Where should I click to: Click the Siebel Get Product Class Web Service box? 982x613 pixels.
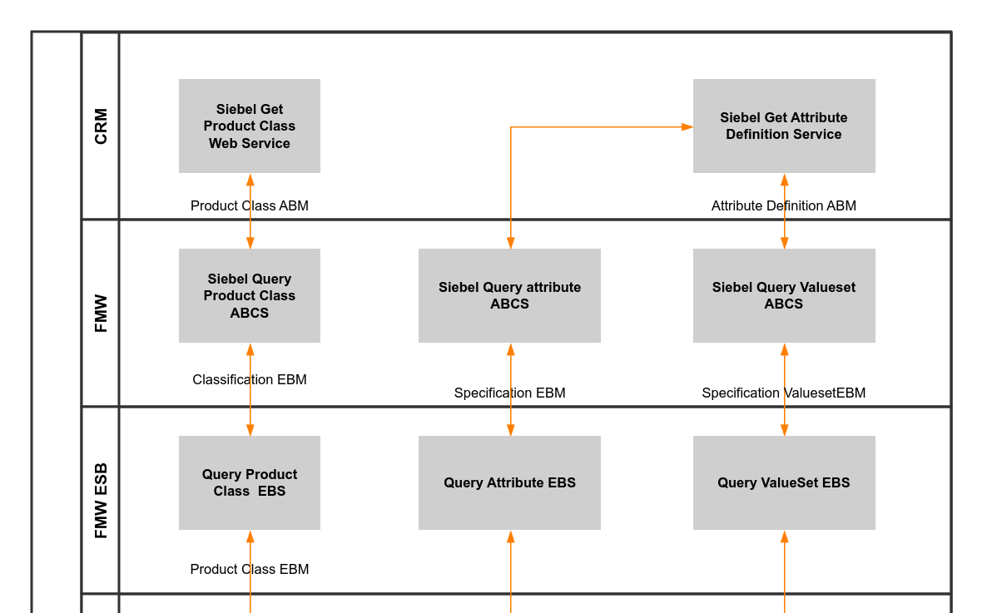coord(249,126)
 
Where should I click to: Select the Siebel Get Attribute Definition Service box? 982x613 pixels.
coord(783,126)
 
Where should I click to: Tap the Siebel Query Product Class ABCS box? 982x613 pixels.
coord(249,295)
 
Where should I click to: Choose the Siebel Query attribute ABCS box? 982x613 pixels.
coord(509,295)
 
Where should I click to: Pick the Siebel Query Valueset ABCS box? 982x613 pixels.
coord(783,295)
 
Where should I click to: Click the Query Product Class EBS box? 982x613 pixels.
coord(249,482)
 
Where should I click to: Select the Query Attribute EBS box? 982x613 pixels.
coord(509,482)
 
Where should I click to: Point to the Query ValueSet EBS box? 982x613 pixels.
coord(783,482)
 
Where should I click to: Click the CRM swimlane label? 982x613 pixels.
coord(101,126)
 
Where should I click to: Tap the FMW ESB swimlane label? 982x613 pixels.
coord(101,500)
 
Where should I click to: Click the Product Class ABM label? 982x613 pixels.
coord(249,205)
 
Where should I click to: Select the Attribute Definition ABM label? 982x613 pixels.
coord(783,205)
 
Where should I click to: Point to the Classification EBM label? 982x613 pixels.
coord(249,379)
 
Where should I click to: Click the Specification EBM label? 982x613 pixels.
coord(509,393)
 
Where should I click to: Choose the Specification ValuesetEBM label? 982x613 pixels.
coord(783,393)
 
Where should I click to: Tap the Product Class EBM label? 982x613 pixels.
coord(249,569)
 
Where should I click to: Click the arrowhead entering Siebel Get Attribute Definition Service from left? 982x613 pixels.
coord(687,127)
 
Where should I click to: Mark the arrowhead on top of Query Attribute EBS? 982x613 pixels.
coord(511,430)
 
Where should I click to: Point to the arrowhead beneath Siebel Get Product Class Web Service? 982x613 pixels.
coord(250,180)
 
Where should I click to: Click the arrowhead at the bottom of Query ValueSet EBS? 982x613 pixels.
coord(784,536)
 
